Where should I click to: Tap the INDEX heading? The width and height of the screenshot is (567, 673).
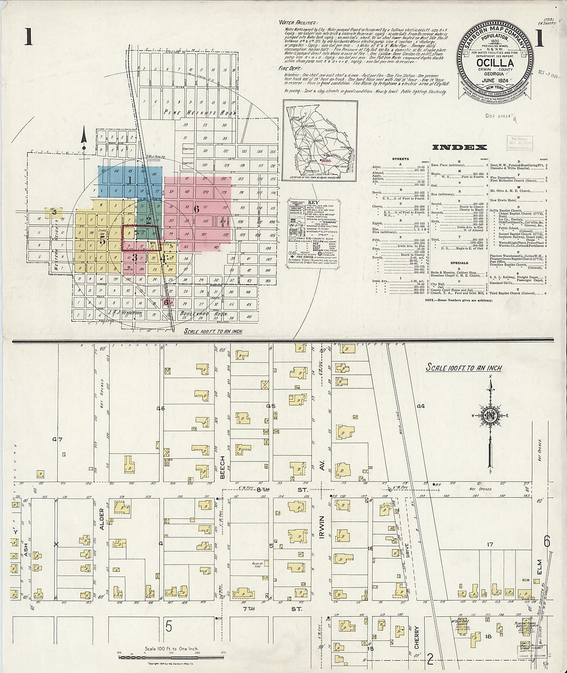click(x=452, y=147)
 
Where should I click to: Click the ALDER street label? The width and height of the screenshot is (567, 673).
click(x=102, y=519)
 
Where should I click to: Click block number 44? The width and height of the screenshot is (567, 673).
click(x=421, y=406)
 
